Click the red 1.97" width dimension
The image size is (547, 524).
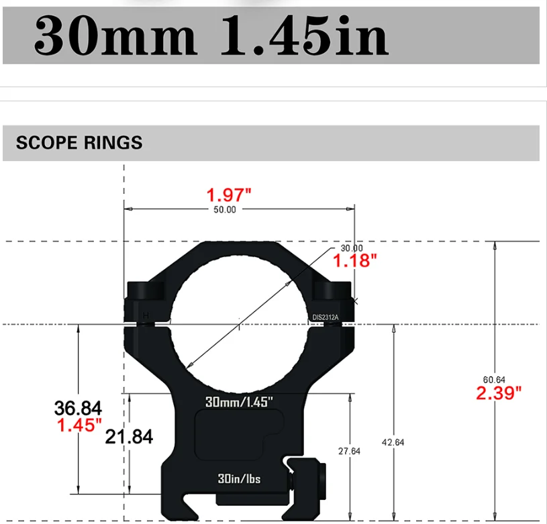pos(229,195)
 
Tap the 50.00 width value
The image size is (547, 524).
pos(225,210)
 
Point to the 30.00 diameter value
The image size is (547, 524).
pos(351,248)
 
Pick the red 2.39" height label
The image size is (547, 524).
pos(498,393)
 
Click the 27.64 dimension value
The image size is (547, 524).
pos(349,452)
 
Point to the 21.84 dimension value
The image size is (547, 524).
pos(129,437)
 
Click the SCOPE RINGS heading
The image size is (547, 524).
pos(79,143)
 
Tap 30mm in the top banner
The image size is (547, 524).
pos(115,36)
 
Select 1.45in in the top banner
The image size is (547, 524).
pos(304,36)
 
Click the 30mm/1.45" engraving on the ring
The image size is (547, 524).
pos(239,402)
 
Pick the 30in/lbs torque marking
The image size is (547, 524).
pos(239,478)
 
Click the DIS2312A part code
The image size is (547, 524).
pos(326,317)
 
